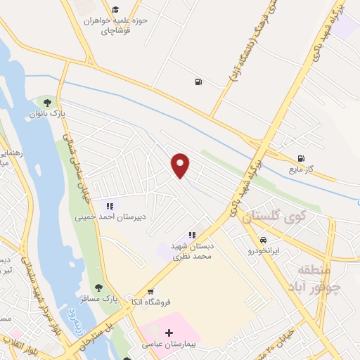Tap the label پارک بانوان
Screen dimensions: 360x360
click(x=47, y=113)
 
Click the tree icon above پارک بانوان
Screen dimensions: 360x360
click(x=47, y=103)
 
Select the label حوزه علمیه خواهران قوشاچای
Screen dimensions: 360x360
click(x=115, y=26)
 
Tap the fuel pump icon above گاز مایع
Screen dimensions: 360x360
click(x=301, y=159)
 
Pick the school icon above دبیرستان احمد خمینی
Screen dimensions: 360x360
click(x=109, y=206)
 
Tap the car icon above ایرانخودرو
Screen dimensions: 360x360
click(x=264, y=239)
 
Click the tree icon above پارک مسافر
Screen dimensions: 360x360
click(x=98, y=287)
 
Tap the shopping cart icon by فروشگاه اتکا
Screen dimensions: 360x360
click(x=150, y=292)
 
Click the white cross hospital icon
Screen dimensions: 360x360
click(x=169, y=333)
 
